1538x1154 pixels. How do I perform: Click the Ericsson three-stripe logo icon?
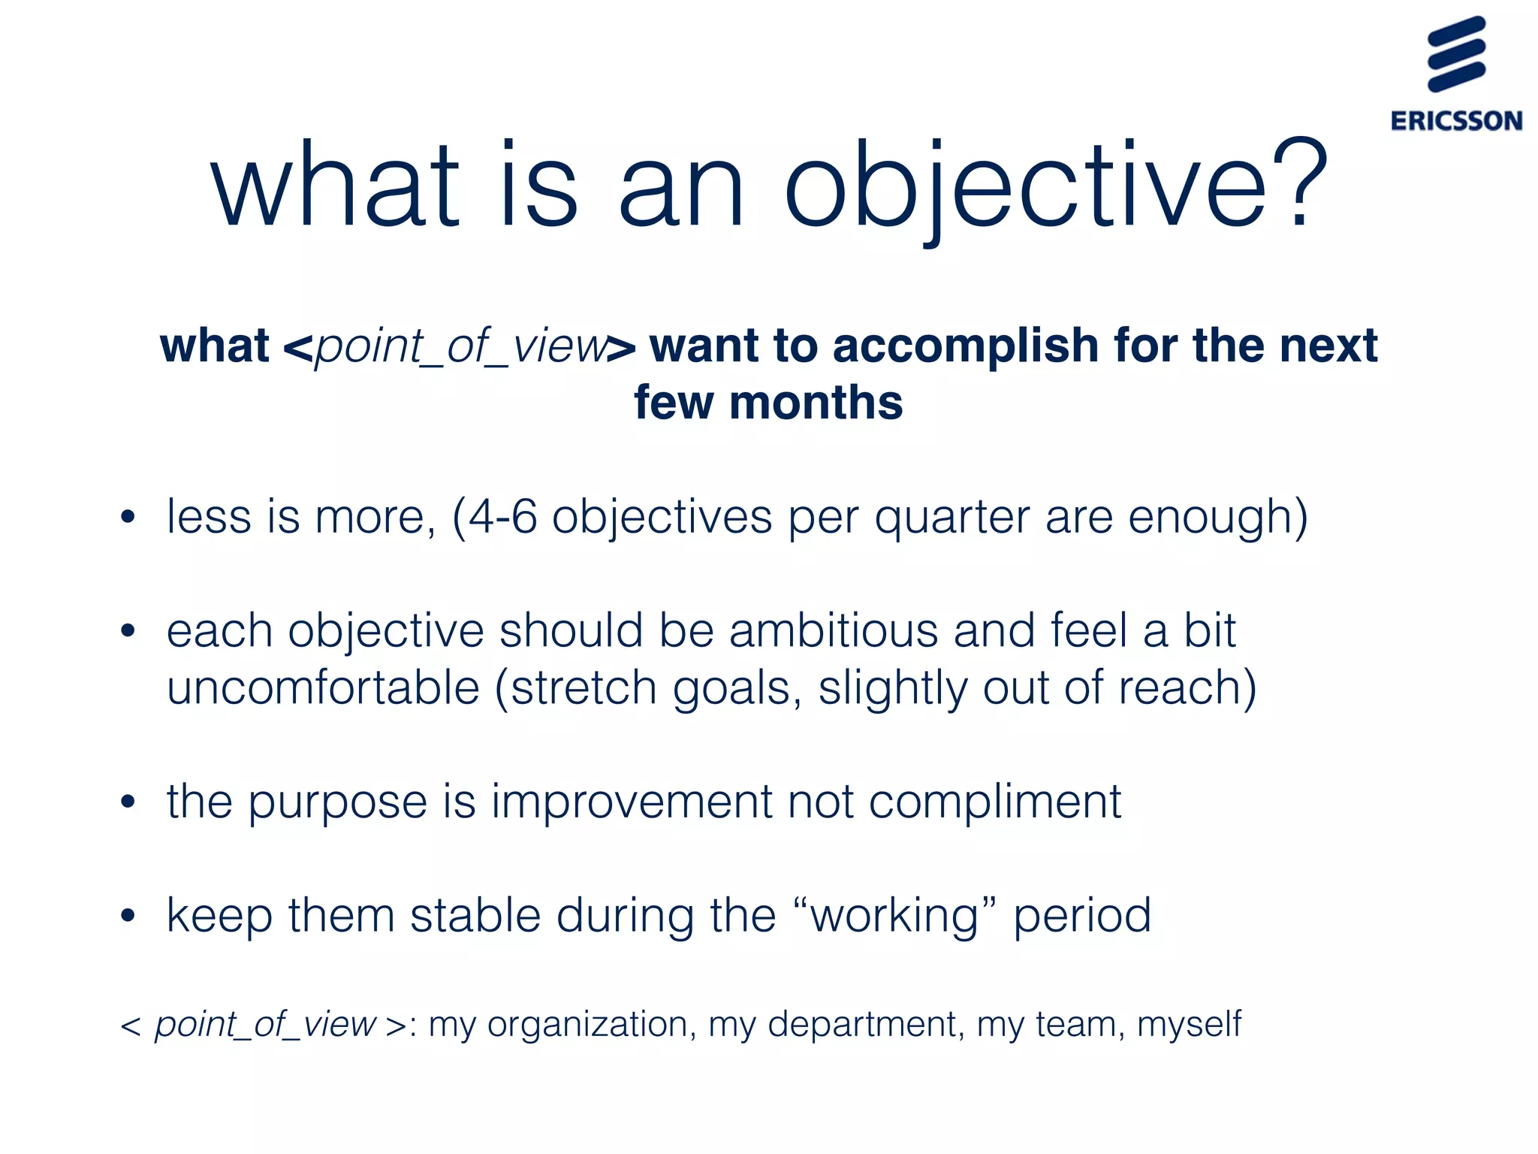coord(1456,54)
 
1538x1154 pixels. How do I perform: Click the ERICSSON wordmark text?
coord(1456,121)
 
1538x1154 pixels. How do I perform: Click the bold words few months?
coord(768,403)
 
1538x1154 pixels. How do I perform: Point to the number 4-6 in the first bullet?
coord(503,518)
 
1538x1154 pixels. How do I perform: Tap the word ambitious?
coord(833,630)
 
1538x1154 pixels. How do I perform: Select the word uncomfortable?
coord(323,688)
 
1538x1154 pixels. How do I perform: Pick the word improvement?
coord(631,802)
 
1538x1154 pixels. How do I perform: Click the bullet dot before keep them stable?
coord(128,916)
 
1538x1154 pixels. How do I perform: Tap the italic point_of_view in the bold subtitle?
coord(460,347)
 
